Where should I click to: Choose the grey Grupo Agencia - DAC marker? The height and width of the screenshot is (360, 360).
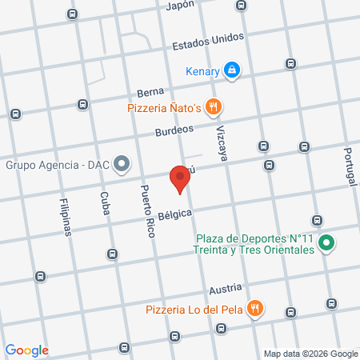coord(122,166)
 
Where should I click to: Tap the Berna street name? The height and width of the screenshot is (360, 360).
coord(150,92)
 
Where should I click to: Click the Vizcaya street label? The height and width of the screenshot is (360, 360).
coord(221,144)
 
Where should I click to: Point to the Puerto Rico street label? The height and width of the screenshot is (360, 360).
coord(146,213)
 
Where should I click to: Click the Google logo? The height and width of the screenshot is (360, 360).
coord(26,350)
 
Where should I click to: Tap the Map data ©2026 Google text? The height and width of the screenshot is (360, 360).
coord(311,354)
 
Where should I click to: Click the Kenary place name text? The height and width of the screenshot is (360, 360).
coord(202,71)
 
